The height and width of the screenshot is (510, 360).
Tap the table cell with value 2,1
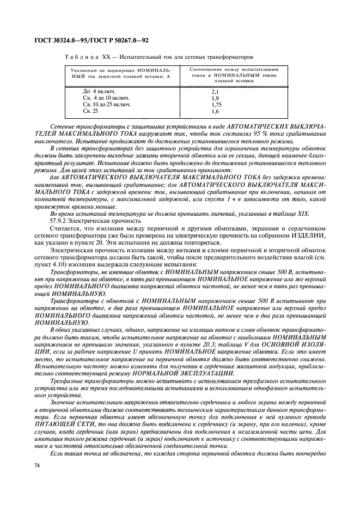click(215, 92)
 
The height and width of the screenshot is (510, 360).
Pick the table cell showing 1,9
click(215, 98)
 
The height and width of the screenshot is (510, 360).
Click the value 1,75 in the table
click(216, 104)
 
